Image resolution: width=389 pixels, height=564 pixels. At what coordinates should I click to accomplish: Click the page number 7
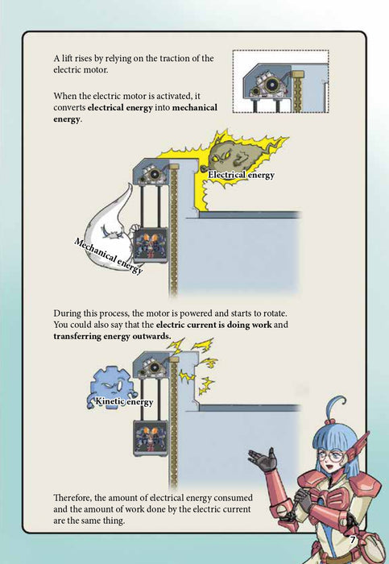(x=352, y=539)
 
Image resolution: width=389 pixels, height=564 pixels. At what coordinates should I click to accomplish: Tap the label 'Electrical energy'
(x=242, y=175)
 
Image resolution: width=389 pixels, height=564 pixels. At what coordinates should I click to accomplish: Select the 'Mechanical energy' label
(x=108, y=255)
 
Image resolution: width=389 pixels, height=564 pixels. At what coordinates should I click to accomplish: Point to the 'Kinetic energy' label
(x=124, y=401)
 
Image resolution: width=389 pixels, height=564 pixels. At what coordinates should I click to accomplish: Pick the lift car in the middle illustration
(x=151, y=246)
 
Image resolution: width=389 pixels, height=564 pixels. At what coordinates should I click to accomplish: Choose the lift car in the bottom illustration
(x=151, y=438)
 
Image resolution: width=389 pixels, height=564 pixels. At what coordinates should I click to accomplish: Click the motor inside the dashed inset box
(x=268, y=85)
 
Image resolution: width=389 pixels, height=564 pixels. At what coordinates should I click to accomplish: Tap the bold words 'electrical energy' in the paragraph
(x=120, y=107)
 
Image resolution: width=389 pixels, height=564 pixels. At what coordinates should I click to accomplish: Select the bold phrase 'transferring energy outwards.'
(x=112, y=336)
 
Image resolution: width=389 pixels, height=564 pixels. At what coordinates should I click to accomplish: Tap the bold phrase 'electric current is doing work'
(x=214, y=325)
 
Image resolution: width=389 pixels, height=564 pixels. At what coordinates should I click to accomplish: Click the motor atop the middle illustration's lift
(x=154, y=174)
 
